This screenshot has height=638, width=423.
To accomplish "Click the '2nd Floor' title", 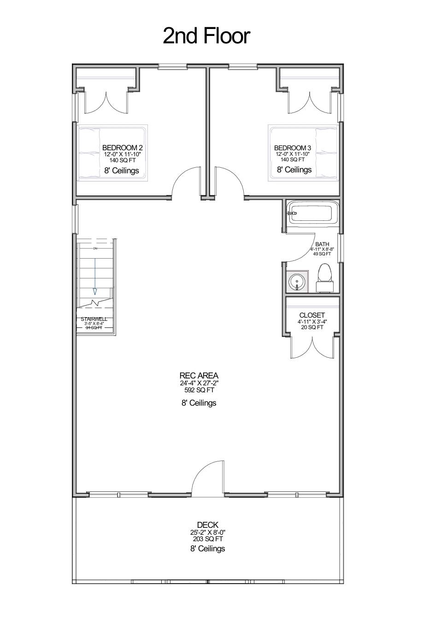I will [206, 35].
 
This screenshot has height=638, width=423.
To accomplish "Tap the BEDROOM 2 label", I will [122, 148].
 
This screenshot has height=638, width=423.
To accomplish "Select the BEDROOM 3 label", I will [293, 148].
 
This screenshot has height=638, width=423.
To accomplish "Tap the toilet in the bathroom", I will [325, 278].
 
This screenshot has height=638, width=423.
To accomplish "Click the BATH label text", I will [322, 244].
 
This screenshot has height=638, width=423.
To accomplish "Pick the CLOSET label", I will [312, 315].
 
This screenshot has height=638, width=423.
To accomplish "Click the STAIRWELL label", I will [94, 319].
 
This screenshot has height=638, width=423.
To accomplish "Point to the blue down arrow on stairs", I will [95, 276].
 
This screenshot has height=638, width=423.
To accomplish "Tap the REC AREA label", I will [199, 376].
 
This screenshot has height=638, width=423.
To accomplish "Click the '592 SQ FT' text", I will [199, 390].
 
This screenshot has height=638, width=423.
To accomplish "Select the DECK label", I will [207, 525].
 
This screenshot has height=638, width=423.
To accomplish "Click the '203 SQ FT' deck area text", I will [207, 538].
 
